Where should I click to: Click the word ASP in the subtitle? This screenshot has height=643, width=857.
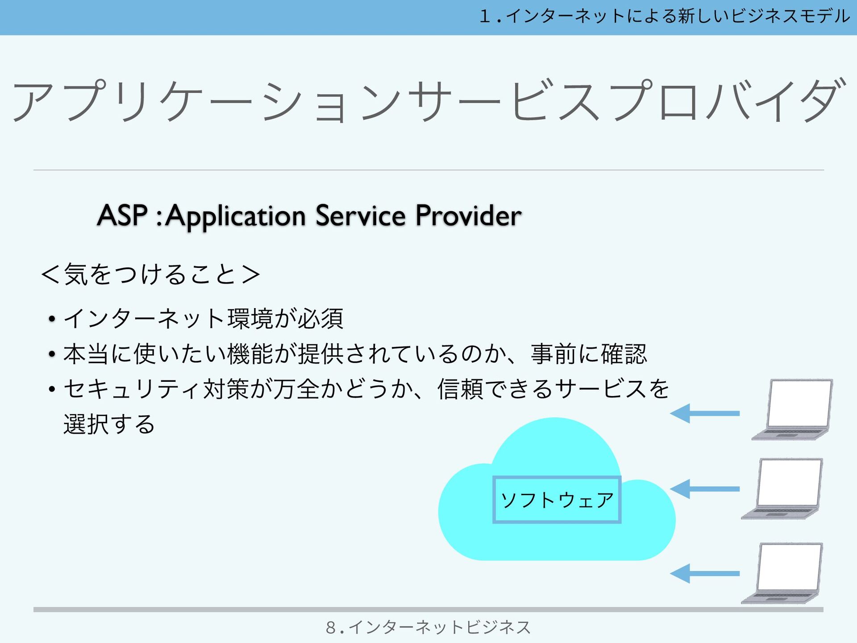coord(122,216)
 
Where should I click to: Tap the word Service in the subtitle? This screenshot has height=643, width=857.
coord(361,216)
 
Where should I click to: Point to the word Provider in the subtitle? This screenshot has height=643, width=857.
coord(469,216)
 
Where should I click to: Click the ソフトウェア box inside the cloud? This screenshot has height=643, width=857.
coord(557,500)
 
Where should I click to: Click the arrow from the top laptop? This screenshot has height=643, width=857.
coord(705,413)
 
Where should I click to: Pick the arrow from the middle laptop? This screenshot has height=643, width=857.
coord(705,489)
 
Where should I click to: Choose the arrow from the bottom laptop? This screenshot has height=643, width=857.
coord(705,573)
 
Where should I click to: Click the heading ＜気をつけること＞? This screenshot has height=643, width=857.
coord(150,274)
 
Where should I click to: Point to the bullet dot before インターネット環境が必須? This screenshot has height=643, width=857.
coord(52,319)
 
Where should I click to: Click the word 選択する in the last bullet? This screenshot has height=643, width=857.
coord(109,424)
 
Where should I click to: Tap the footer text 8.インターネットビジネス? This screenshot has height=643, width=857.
coord(428,627)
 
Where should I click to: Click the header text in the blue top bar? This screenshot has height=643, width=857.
coord(665,17)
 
